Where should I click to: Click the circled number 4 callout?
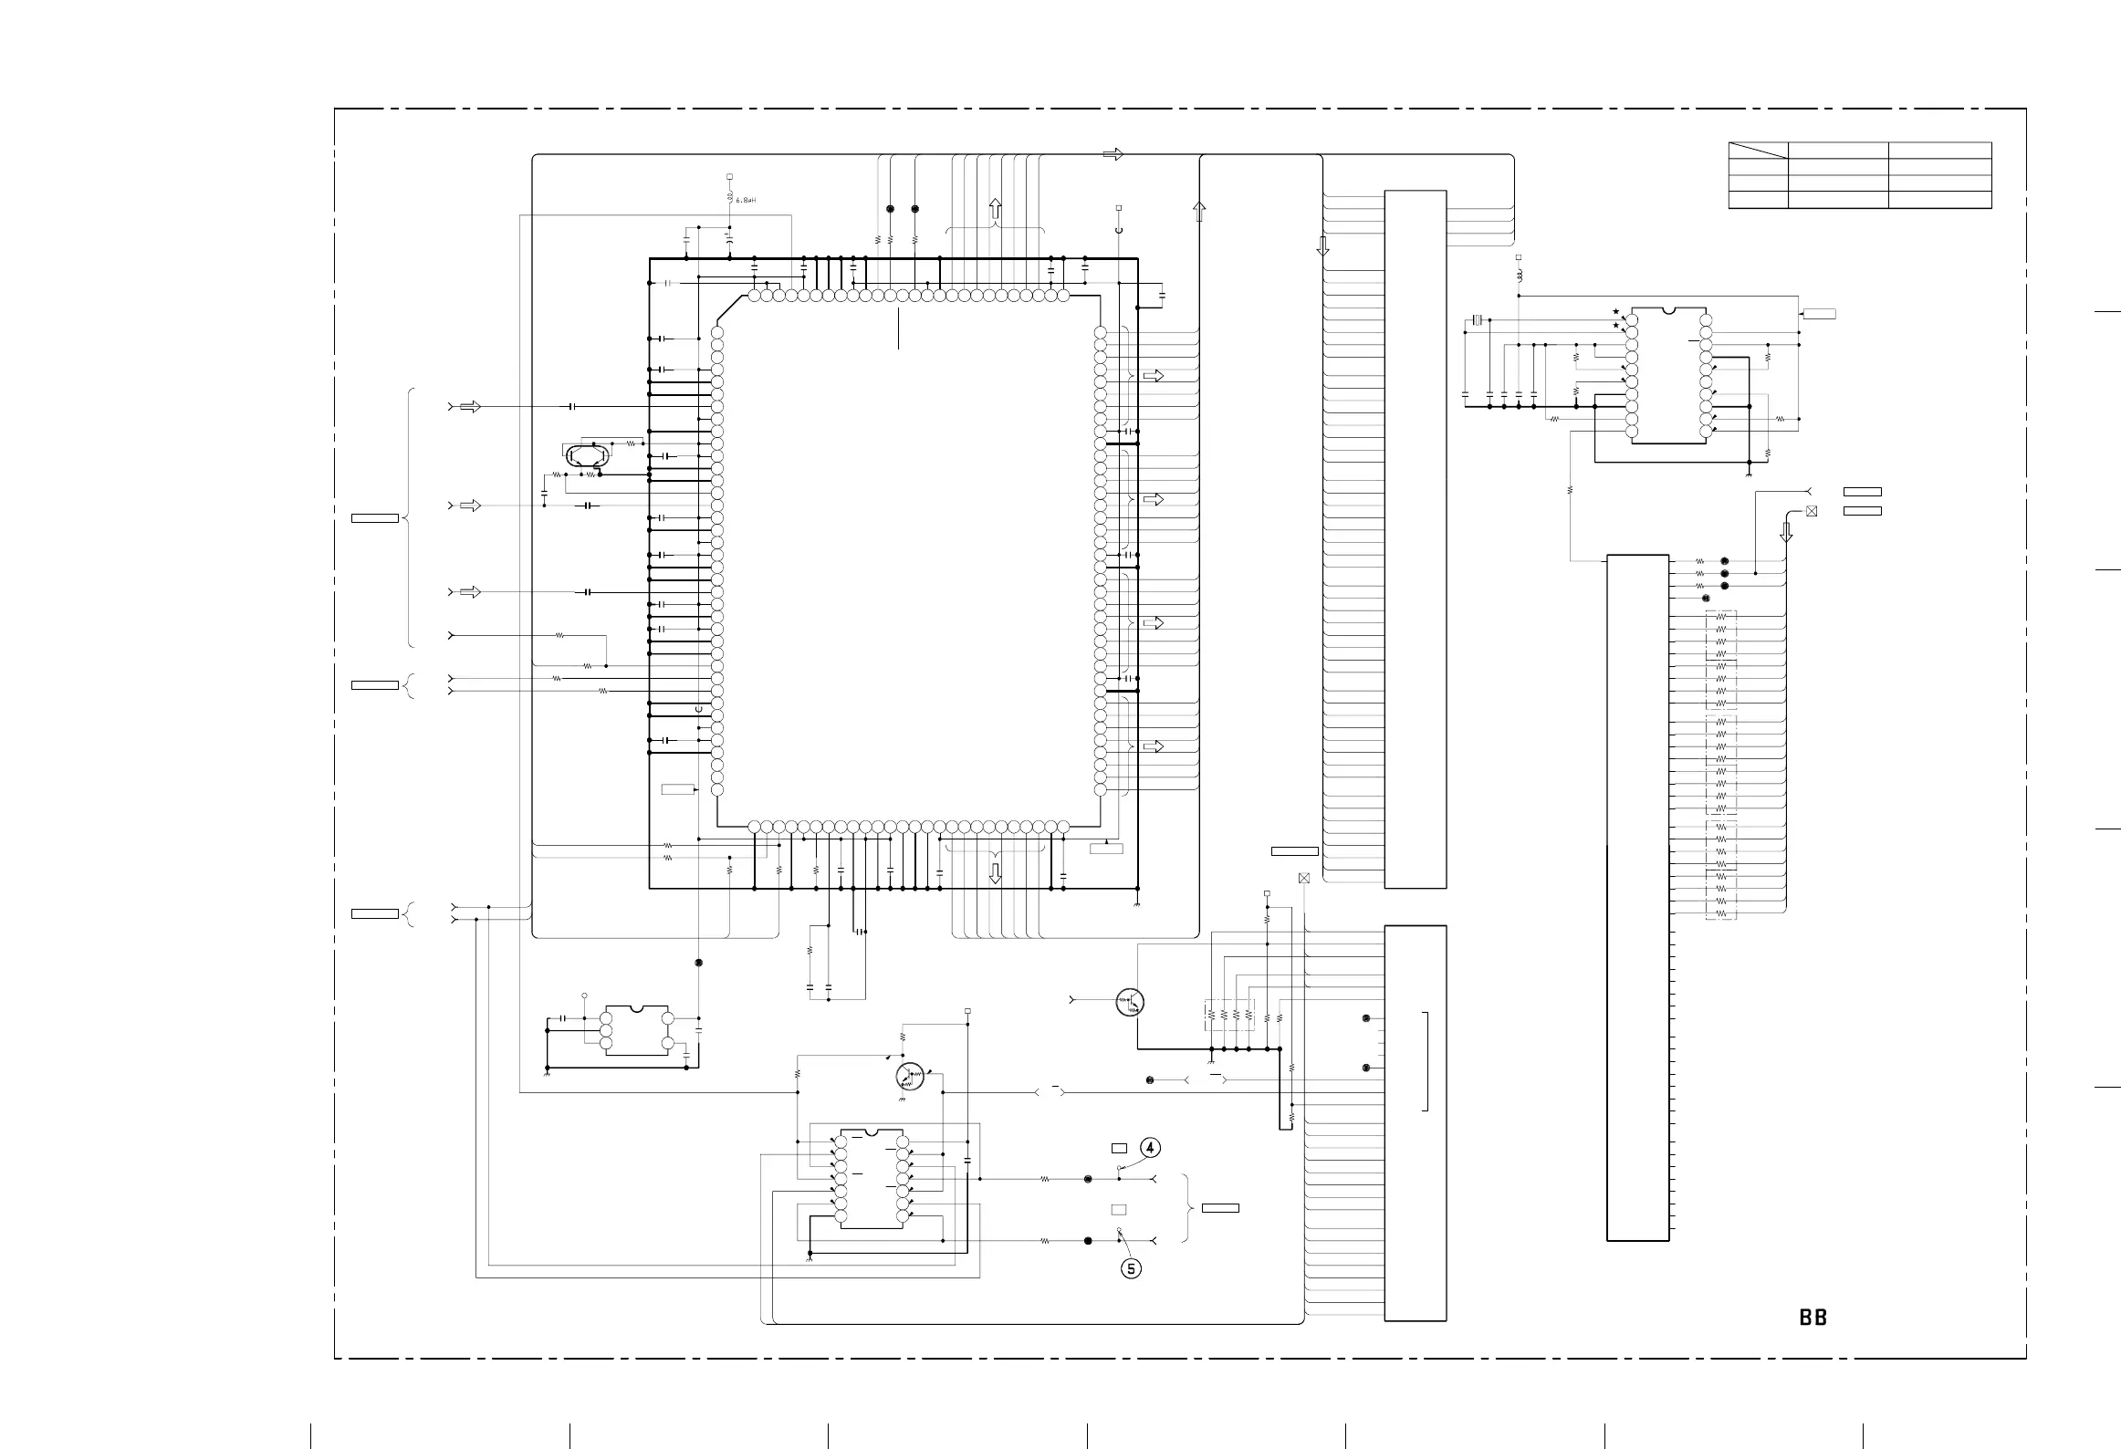1150,1147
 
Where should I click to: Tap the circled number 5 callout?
1131,1268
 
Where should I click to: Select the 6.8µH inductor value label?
746,200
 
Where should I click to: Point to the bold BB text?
1813,1318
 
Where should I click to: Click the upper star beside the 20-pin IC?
1615,311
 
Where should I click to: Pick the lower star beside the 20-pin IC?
1615,325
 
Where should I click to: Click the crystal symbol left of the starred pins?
1478,320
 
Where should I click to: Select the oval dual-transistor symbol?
588,454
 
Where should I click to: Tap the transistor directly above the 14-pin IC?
910,1077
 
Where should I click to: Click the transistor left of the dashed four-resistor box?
1130,1002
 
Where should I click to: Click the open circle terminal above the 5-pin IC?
584,995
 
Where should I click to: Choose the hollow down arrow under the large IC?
996,873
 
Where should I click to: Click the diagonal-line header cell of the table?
1757,151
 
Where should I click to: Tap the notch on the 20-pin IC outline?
1668,310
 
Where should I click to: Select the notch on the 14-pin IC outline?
871,1133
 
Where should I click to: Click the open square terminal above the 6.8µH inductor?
729,176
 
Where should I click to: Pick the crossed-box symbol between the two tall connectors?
1303,878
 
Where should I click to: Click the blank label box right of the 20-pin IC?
1819,315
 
